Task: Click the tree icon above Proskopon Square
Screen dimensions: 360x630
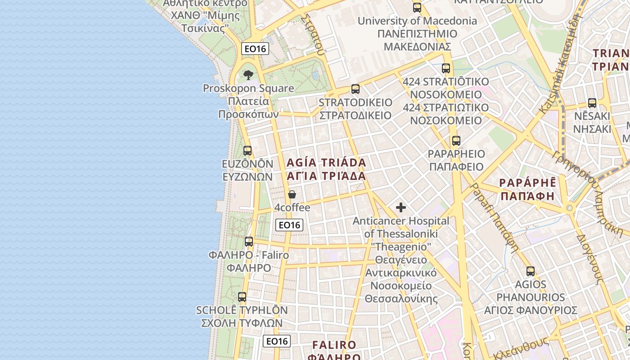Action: tap(248, 75)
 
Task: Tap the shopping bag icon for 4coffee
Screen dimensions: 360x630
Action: tap(292, 194)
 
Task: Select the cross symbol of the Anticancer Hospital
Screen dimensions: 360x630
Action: tap(400, 207)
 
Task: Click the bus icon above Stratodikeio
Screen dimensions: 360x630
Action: tap(355, 89)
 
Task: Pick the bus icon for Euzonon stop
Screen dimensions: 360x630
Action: tap(247, 150)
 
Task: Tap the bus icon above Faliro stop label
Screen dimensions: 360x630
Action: tap(249, 242)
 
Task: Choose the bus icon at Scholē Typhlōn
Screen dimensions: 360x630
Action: tap(242, 297)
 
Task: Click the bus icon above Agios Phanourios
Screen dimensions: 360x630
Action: tap(531, 271)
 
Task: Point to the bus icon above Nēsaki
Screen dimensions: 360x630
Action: tap(592, 103)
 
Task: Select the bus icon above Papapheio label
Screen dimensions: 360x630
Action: tap(456, 140)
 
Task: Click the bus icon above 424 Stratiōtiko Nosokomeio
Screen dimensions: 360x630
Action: tap(446, 68)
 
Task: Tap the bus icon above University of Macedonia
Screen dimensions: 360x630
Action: tap(417, 8)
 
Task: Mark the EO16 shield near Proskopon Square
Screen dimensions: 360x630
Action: tap(255, 49)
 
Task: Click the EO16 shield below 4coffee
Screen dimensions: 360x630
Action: tap(289, 225)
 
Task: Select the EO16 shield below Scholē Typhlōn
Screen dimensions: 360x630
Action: tap(277, 341)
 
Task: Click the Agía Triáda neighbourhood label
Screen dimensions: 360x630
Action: tap(326, 169)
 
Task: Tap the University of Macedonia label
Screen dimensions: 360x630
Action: tap(417, 34)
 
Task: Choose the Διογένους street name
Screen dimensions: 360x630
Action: tap(589, 259)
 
